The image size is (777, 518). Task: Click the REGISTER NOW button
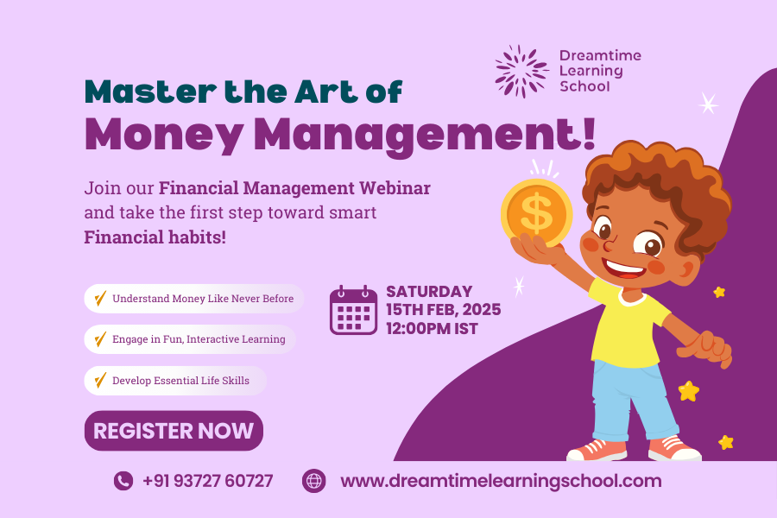(174, 430)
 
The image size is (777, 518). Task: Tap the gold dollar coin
(537, 213)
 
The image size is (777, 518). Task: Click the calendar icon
(353, 310)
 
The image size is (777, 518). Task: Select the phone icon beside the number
(123, 481)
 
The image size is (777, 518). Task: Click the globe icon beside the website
(314, 481)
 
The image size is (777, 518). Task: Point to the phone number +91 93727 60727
(207, 481)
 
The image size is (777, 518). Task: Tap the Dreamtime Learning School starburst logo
(521, 71)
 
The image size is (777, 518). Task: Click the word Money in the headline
(164, 135)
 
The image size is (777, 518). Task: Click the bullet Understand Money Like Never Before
(193, 299)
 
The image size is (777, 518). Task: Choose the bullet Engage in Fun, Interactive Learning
(190, 339)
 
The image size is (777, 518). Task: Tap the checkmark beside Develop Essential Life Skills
(100, 380)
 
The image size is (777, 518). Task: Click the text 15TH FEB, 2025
(444, 310)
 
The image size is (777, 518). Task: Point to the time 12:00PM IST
(433, 329)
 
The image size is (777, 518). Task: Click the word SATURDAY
(429, 292)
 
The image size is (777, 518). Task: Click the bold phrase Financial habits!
(155, 237)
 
